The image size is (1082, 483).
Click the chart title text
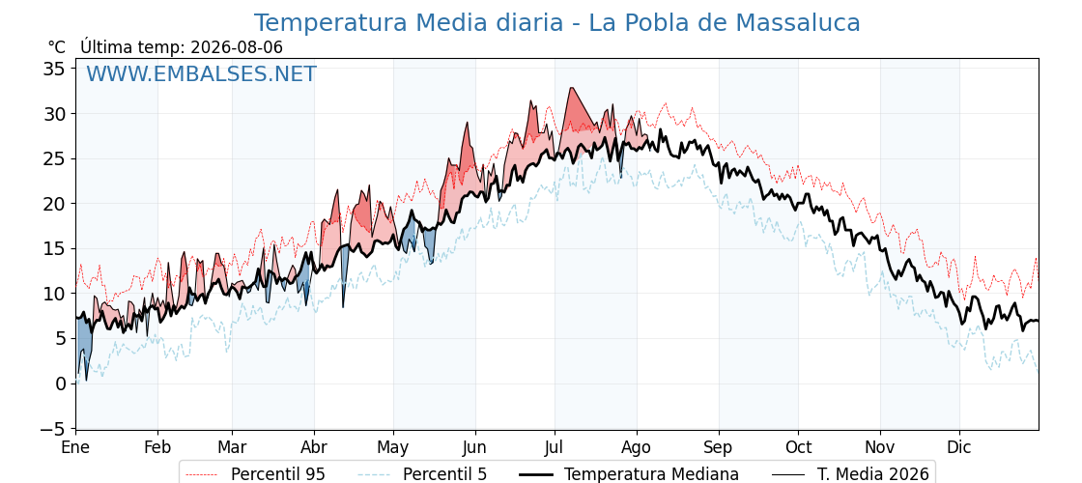coord(556,23)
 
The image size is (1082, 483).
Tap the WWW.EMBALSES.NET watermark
coord(201,73)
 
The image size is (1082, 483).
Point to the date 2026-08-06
coord(237,47)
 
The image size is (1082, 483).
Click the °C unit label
coord(57,47)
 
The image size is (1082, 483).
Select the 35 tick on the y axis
coord(55,69)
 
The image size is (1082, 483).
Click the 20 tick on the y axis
coord(55,204)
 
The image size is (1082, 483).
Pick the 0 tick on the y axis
coord(60,384)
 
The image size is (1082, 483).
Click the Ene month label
coord(75,447)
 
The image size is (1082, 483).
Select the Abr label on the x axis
coord(314,447)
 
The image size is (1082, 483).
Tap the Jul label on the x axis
coord(555,447)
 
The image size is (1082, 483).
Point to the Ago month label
coord(636,447)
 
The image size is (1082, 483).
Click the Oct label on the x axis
coord(798,447)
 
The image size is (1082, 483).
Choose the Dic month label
coord(959,447)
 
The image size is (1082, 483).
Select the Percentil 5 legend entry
coord(422,474)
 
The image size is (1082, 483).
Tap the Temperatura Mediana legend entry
coord(627,474)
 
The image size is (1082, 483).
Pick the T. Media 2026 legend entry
coord(850,474)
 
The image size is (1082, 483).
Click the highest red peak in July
coord(571,88)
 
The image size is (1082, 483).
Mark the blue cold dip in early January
coord(83,345)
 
